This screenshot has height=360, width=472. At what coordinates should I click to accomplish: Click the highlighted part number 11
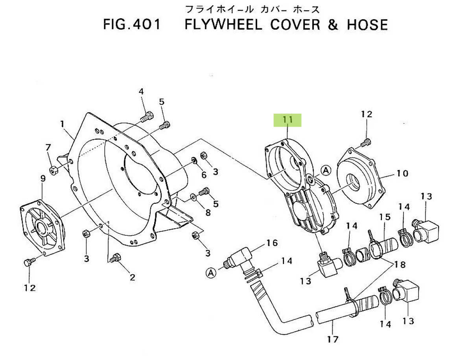pyautogui.click(x=287, y=120)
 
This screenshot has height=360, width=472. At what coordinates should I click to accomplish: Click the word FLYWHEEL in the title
pyautogui.click(x=223, y=24)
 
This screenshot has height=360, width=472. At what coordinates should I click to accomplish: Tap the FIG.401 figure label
pyautogui.click(x=132, y=24)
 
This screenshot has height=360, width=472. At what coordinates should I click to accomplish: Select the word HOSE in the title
pyautogui.click(x=367, y=24)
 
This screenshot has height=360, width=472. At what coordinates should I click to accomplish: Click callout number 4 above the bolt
pyautogui.click(x=141, y=92)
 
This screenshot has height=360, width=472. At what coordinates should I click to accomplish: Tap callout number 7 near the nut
pyautogui.click(x=48, y=148)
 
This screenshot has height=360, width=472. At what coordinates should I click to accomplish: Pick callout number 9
pyautogui.click(x=42, y=178)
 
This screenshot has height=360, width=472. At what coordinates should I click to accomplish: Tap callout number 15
pyautogui.click(x=385, y=217)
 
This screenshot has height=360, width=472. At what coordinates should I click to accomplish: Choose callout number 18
pyautogui.click(x=400, y=264)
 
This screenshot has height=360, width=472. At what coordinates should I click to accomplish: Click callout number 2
pyautogui.click(x=132, y=277)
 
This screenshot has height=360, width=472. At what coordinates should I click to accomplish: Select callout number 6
pyautogui.click(x=204, y=175)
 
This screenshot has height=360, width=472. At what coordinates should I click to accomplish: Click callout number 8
pyautogui.click(x=207, y=212)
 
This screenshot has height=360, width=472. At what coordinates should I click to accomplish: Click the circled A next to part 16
pyautogui.click(x=211, y=272)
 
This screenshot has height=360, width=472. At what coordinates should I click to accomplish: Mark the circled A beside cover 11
pyautogui.click(x=325, y=170)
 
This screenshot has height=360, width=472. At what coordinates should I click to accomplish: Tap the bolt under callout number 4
pyautogui.click(x=146, y=116)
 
